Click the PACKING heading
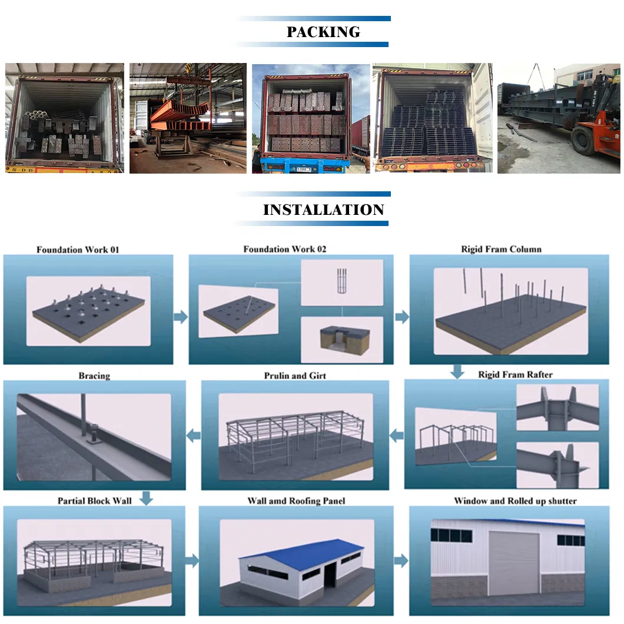[x=323, y=32]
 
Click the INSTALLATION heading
[x=323, y=210]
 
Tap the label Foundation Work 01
[x=78, y=250]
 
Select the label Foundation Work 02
[x=284, y=249]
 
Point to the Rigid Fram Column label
[x=501, y=249]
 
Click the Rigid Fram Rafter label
[x=515, y=374]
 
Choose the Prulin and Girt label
[x=295, y=376]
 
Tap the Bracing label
[x=94, y=376]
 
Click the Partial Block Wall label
[x=94, y=501]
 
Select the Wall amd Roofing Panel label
[x=296, y=501]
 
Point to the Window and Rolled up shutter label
[x=515, y=501]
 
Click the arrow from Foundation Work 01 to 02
[x=181, y=317]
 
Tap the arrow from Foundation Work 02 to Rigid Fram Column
[x=402, y=317]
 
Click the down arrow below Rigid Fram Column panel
[x=456, y=371]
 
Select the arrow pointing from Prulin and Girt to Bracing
[x=194, y=435]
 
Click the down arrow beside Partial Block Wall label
[x=147, y=499]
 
